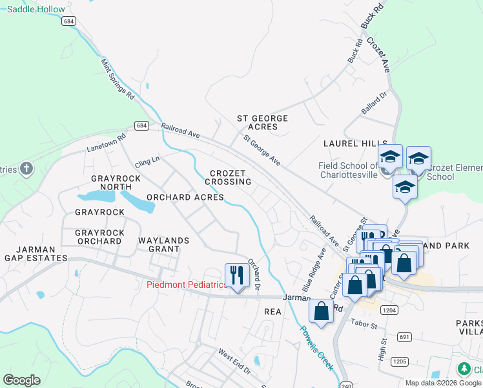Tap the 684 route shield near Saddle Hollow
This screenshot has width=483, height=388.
tap(69, 21)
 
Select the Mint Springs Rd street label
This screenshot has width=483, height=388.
tap(118, 79)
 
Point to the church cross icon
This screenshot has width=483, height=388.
tap(26, 169)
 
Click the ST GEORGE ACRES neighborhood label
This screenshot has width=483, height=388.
tap(262, 122)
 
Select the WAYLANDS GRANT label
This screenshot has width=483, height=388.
tap(163, 245)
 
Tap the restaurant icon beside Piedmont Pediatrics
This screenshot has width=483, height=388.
tap(237, 275)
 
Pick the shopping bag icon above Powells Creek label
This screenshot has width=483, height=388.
tap(321, 311)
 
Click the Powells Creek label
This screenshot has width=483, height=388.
tap(316, 347)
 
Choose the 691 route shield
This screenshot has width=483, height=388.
tap(404, 337)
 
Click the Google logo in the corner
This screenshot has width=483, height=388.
tap(21, 380)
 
